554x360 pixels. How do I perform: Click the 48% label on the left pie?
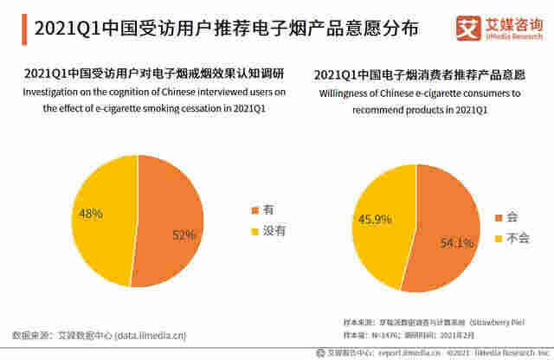click(x=91, y=213)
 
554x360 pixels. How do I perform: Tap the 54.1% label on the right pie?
click(x=456, y=243)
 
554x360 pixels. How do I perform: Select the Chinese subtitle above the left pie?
click(x=156, y=74)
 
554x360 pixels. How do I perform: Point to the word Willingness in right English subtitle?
click(x=347, y=93)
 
